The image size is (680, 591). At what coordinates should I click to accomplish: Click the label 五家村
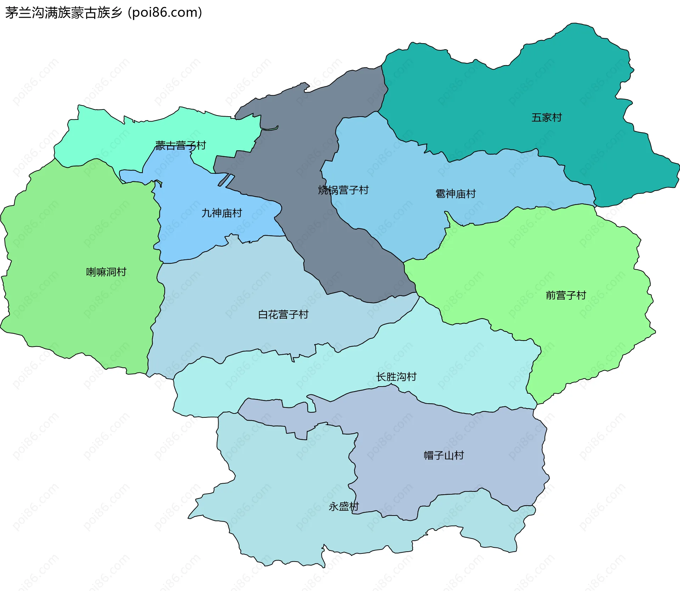click(546, 118)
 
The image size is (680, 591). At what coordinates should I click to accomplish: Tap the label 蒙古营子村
click(180, 145)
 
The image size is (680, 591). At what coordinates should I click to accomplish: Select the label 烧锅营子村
click(343, 190)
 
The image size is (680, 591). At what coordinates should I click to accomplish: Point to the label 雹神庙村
click(455, 194)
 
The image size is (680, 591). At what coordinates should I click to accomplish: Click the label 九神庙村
click(222, 213)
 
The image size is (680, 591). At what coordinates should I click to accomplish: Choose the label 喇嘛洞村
click(106, 272)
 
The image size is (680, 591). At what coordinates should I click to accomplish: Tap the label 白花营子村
click(283, 314)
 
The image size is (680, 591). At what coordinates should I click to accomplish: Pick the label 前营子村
click(566, 295)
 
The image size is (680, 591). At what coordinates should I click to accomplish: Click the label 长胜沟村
click(396, 377)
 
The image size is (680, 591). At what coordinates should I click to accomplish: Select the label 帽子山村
click(444, 455)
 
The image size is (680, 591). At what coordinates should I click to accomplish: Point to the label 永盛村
click(344, 507)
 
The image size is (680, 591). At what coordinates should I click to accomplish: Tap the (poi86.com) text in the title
click(165, 13)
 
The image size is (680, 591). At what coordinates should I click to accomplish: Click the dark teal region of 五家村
click(496, 106)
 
